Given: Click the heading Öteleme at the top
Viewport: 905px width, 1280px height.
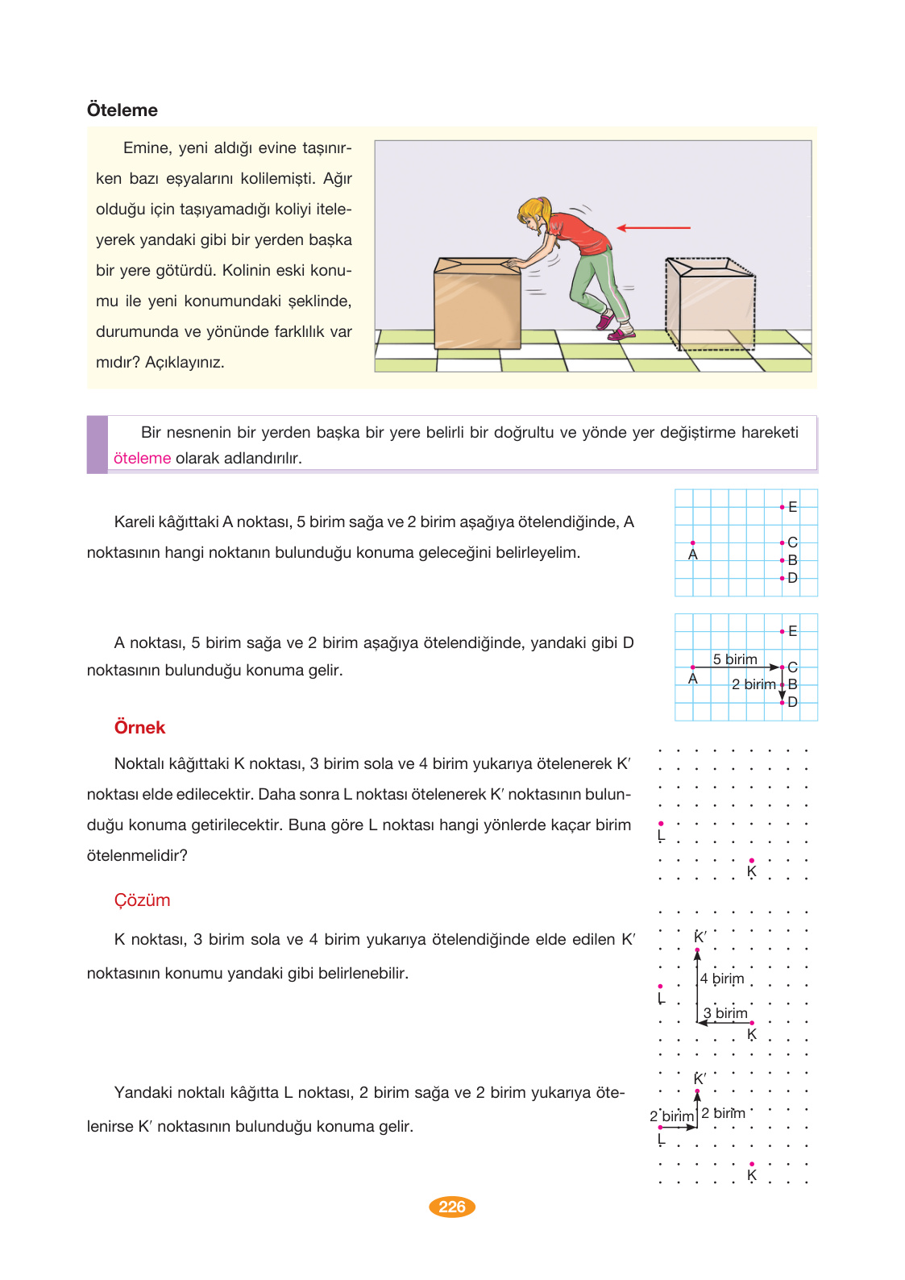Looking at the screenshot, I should pyautogui.click(x=122, y=110).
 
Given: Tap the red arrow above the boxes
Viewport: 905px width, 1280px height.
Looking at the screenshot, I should pyautogui.click(x=654, y=228).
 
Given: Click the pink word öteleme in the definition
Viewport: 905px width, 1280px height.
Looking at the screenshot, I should pyautogui.click(x=142, y=459).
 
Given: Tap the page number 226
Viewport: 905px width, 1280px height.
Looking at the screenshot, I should pyautogui.click(x=452, y=1207).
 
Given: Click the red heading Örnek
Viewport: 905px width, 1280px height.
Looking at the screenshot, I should pyautogui.click(x=139, y=728).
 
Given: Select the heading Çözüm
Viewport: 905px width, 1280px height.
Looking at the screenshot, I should pyautogui.click(x=142, y=900).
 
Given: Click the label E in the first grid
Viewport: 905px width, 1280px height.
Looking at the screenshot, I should pyautogui.click(x=793, y=507).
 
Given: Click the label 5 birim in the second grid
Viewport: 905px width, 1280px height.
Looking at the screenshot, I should pyautogui.click(x=735, y=659).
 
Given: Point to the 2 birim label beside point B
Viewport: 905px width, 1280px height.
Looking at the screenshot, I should pyautogui.click(x=753, y=684).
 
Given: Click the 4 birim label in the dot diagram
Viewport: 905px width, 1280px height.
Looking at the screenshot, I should pyautogui.click(x=722, y=979).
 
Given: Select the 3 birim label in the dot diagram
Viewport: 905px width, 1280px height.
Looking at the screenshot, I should pyautogui.click(x=725, y=1013).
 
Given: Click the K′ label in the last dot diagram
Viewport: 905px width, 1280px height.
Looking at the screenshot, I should pyautogui.click(x=700, y=1078).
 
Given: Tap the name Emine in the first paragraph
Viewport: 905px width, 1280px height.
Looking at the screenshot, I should pyautogui.click(x=146, y=148).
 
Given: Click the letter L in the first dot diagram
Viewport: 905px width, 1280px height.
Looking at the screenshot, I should pyautogui.click(x=661, y=836).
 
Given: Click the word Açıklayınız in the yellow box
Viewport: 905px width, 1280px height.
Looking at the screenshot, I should pyautogui.click(x=185, y=363).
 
